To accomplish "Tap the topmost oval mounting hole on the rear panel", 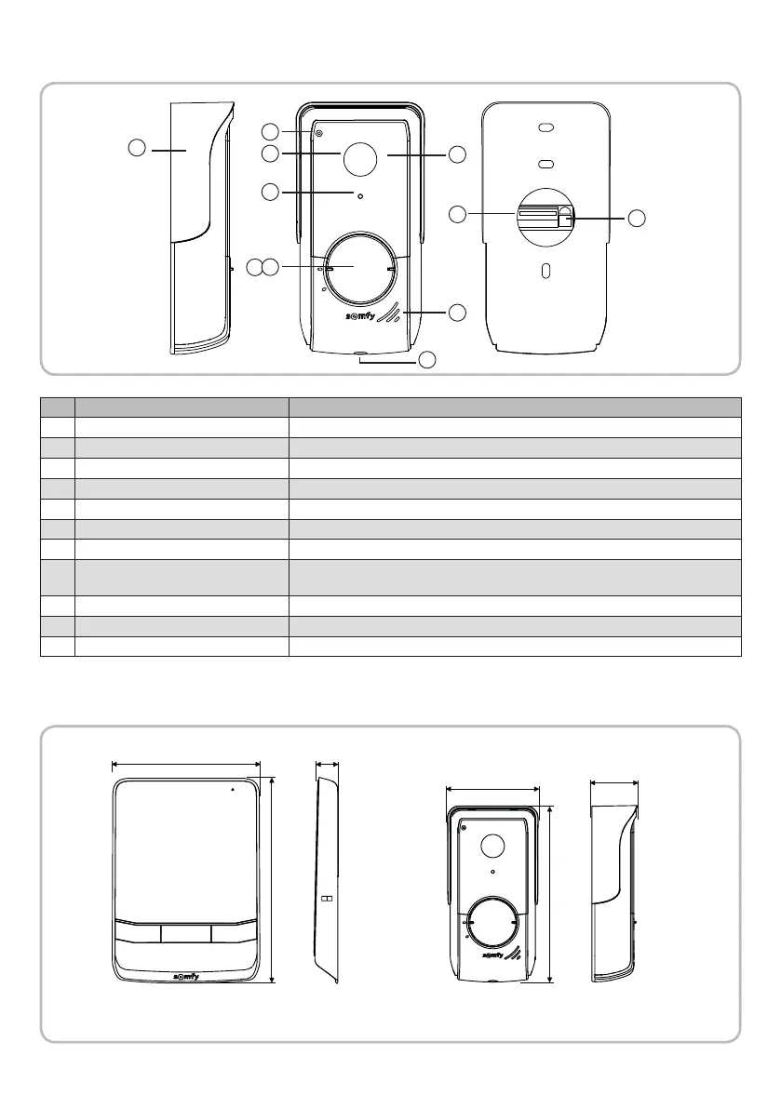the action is (x=546, y=130).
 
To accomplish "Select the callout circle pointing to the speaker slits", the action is (x=456, y=312).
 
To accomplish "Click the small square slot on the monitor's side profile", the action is (x=326, y=900).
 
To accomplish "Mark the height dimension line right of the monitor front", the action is (x=272, y=879).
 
